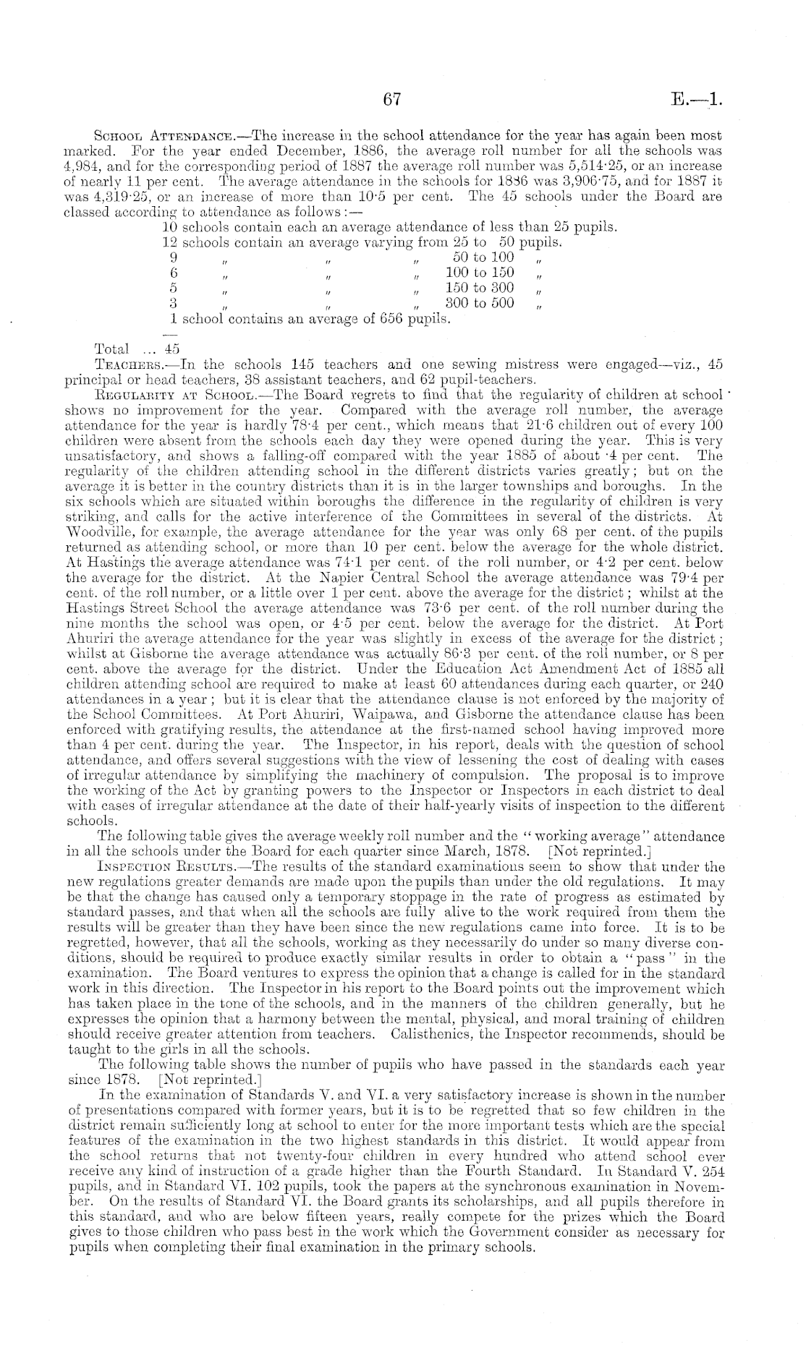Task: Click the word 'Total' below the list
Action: (107, 349)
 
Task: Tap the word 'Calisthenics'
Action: (431, 1035)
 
